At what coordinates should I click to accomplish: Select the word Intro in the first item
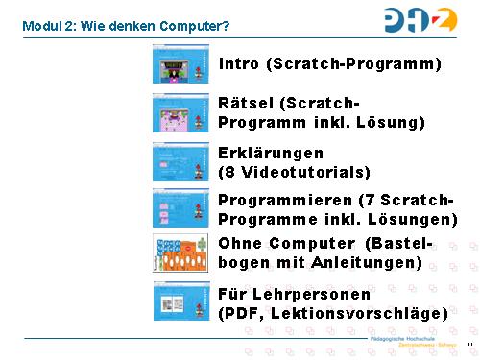(x=239, y=64)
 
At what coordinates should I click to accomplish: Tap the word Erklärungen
(x=271, y=154)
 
